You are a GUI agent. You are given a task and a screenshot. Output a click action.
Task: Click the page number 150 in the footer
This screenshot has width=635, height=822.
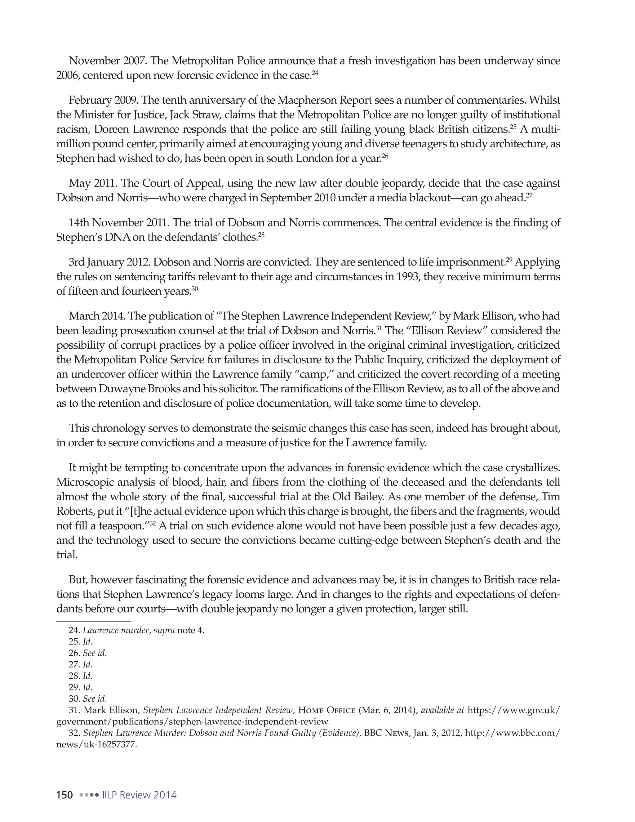click(64, 795)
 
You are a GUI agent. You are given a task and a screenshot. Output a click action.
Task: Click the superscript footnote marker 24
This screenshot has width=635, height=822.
click(315, 73)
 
